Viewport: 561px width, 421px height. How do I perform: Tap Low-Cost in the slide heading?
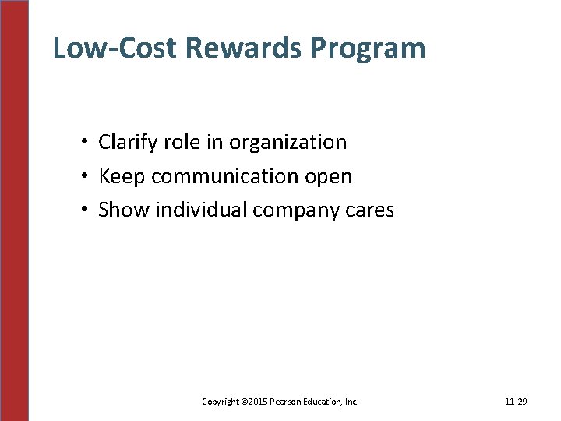(116, 48)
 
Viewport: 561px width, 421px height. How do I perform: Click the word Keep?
(122, 177)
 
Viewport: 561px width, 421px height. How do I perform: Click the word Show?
(123, 210)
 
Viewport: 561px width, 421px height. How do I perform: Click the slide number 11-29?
(516, 402)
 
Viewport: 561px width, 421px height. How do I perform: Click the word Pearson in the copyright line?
(286, 402)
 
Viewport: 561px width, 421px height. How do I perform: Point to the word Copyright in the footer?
(220, 402)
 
